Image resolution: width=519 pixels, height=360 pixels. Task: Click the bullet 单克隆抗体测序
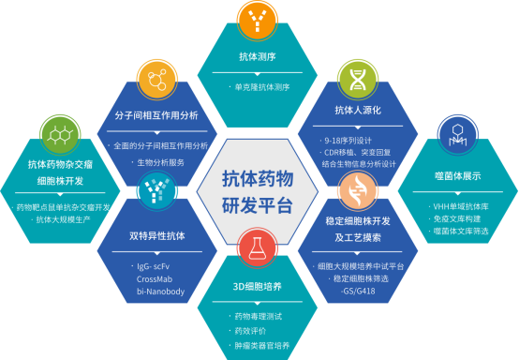(264, 87)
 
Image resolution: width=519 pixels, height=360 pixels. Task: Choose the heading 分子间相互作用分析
(156, 115)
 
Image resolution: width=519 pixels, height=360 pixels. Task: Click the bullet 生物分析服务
(160, 161)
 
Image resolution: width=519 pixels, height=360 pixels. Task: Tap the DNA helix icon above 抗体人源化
(358, 76)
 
